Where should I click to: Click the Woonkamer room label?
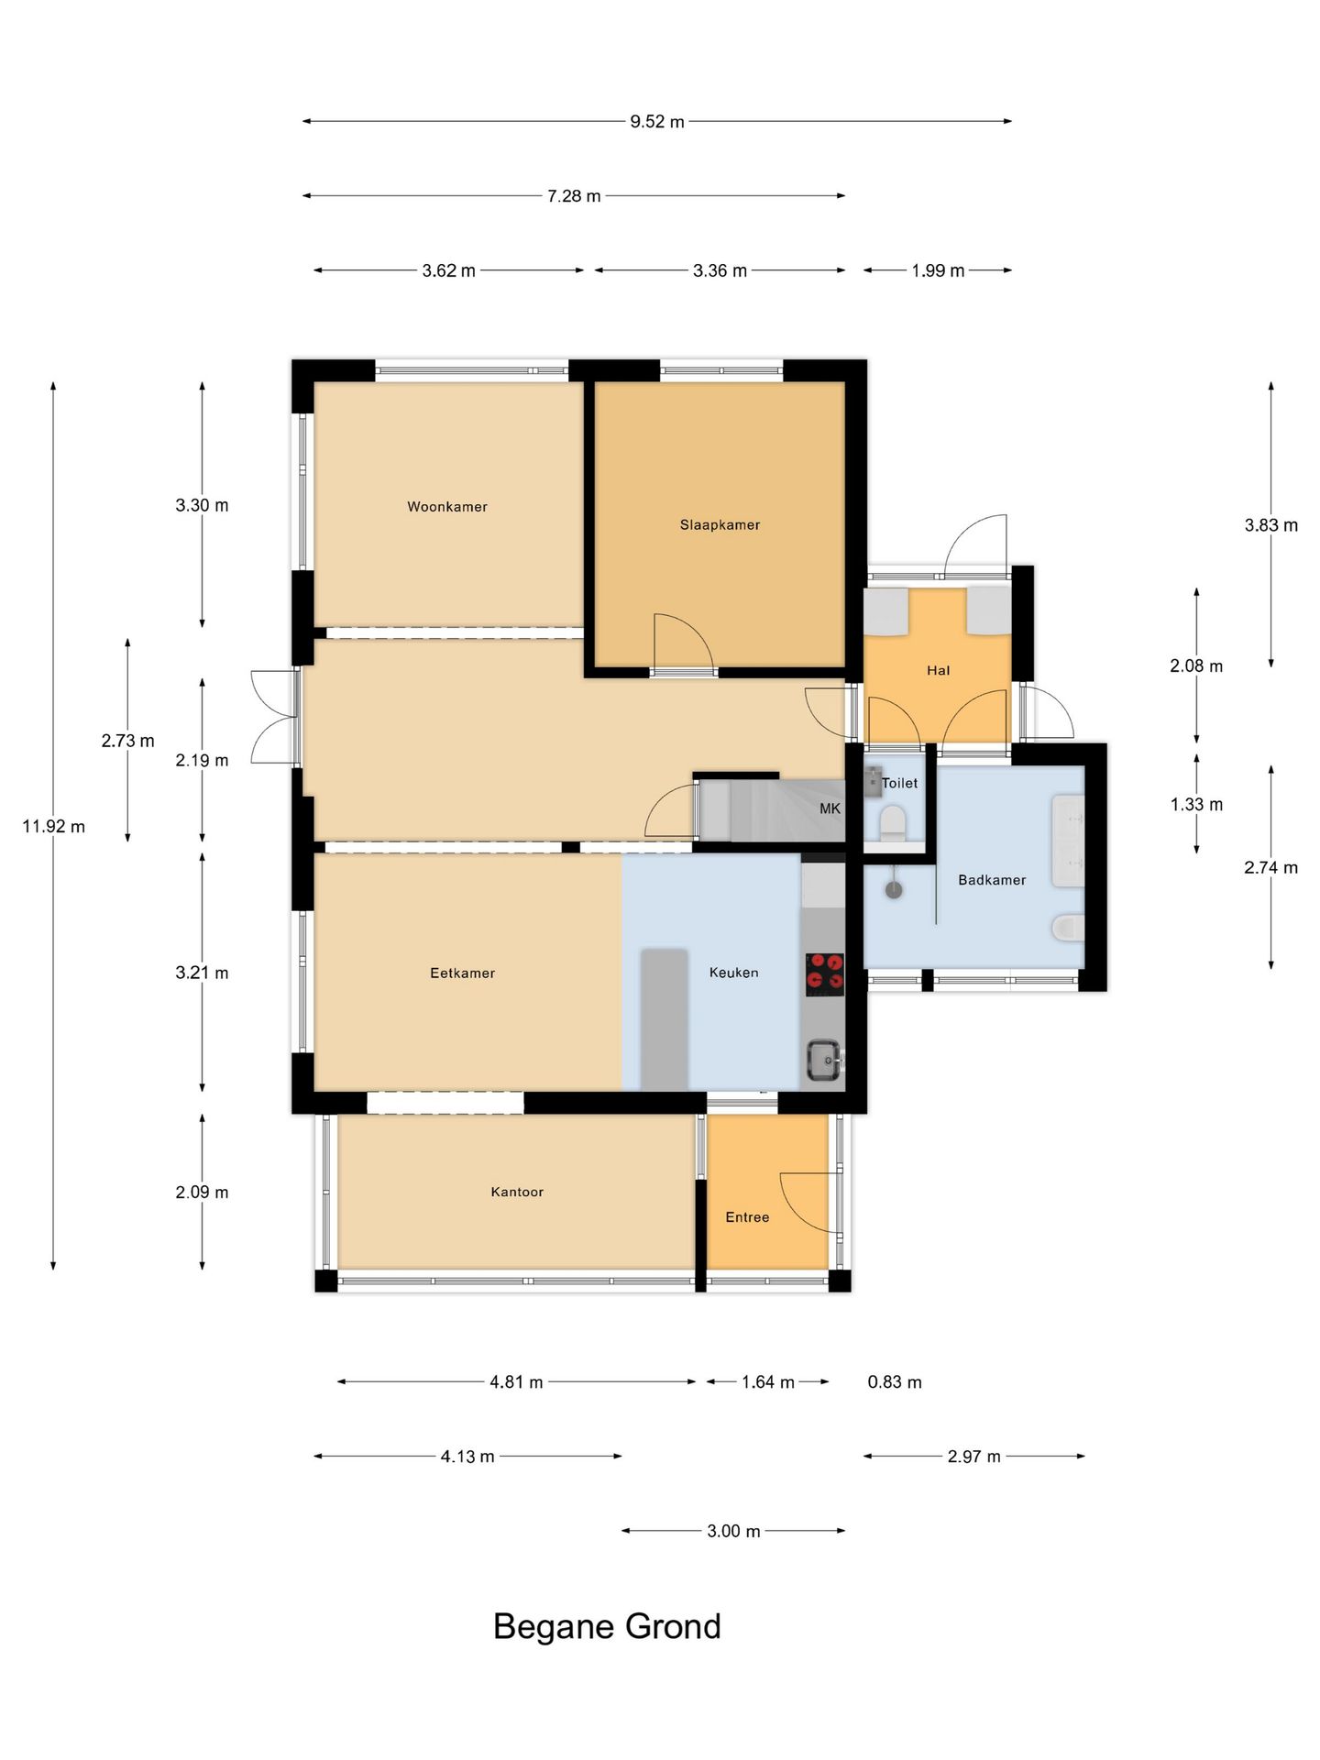[x=447, y=507]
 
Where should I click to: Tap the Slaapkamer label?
[x=720, y=525]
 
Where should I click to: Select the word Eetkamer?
[x=462, y=973]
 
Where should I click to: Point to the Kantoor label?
[x=517, y=1192]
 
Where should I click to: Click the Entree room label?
[x=747, y=1217]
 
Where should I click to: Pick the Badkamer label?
[x=992, y=880]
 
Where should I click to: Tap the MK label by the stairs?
[x=830, y=808]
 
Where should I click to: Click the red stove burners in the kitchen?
[x=825, y=974]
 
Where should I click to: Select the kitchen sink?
[x=825, y=1061]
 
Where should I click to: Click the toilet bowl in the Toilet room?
[x=892, y=822]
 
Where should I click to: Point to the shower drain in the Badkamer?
[x=894, y=889]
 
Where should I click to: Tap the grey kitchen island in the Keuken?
[x=664, y=1019]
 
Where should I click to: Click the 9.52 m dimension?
[x=657, y=121]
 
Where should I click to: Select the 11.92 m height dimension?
[x=53, y=826]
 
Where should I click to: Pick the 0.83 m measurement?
[x=895, y=1381]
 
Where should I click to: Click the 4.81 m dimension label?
[x=516, y=1381]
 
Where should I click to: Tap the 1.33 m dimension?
[x=1196, y=804]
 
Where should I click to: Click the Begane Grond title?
[x=607, y=1626]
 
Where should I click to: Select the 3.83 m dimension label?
[x=1270, y=525]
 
